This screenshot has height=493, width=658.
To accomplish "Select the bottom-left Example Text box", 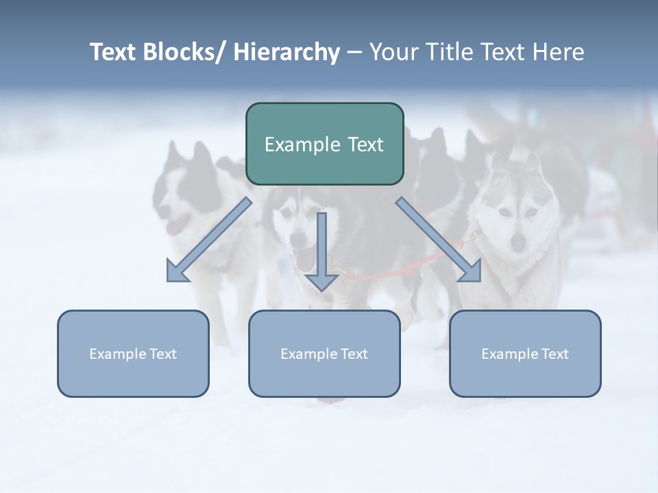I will pyautogui.click(x=133, y=353).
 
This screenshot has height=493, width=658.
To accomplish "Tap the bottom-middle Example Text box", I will pyautogui.click(x=324, y=353).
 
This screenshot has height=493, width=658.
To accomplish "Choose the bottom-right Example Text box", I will pyautogui.click(x=525, y=353).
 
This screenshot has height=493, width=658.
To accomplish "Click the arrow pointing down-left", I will pyautogui.click(x=209, y=240).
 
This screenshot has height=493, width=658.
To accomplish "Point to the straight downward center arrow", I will pyautogui.click(x=321, y=251).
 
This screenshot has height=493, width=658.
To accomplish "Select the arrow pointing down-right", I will pyautogui.click(x=439, y=240).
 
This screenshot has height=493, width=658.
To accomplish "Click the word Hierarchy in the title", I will pyautogui.click(x=287, y=52).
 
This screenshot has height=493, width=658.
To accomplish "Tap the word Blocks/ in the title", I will pyautogui.click(x=185, y=52).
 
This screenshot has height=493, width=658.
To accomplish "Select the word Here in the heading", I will pyautogui.click(x=559, y=52).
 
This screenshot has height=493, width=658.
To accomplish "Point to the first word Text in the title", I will pyautogui.click(x=114, y=52).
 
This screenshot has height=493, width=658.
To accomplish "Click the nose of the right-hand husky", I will pyautogui.click(x=519, y=240).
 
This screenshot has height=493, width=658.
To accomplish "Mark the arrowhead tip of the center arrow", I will pyautogui.click(x=321, y=290).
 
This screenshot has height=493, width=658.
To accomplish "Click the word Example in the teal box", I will pyautogui.click(x=297, y=144).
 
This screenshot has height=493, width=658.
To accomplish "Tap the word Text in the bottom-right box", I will pyautogui.click(x=554, y=353).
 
